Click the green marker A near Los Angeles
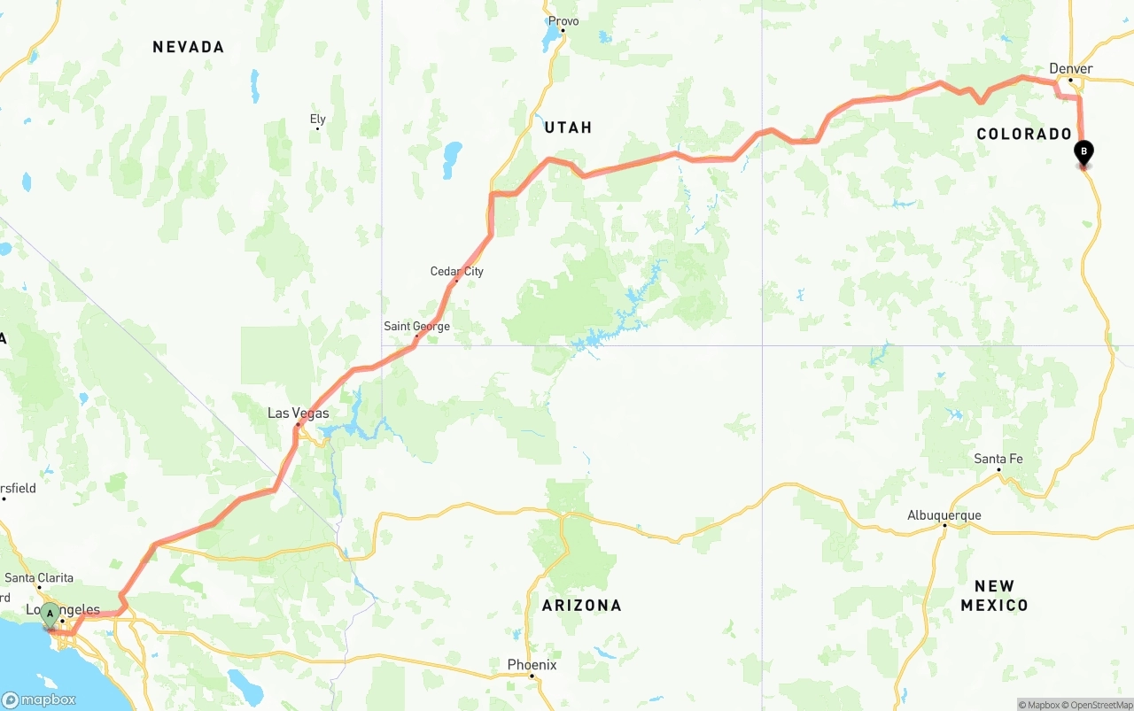(x=50, y=614)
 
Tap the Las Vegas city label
(x=299, y=413)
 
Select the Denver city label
(x=1070, y=68)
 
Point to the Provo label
(x=563, y=21)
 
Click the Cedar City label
(x=457, y=271)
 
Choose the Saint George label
(x=416, y=326)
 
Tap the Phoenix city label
(x=532, y=664)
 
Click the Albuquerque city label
(x=944, y=515)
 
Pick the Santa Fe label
(x=998, y=459)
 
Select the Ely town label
(x=317, y=119)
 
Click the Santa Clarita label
(x=39, y=578)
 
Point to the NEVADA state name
(x=188, y=47)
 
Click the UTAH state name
(x=568, y=128)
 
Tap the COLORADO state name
(x=1024, y=134)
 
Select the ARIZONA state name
(x=581, y=606)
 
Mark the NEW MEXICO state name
(x=994, y=596)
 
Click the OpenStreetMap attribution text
(x=1098, y=705)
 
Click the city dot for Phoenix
(x=532, y=676)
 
